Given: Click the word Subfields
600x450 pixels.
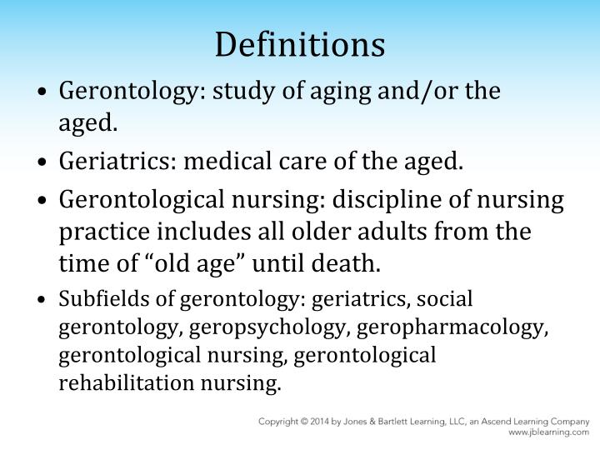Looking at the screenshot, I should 93,299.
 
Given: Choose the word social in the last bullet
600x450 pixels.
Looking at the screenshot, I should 450,299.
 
